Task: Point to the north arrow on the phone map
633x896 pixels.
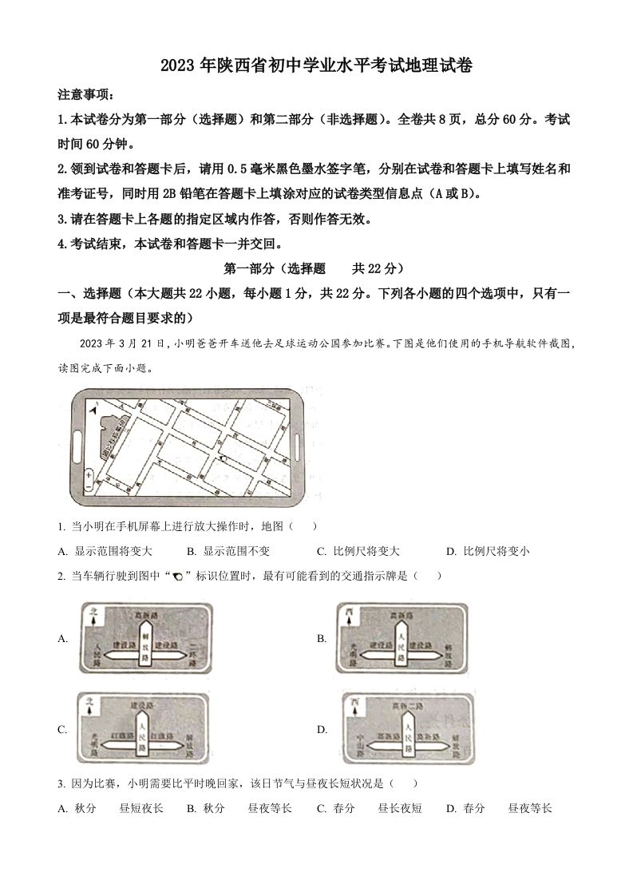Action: [x=96, y=409]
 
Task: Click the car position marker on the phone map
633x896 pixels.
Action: [x=224, y=458]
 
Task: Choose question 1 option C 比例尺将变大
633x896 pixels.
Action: [x=358, y=551]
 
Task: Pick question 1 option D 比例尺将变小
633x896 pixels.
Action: [x=489, y=551]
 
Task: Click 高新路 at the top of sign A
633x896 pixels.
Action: [x=144, y=614]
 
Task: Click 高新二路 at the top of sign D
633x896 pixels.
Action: [x=407, y=706]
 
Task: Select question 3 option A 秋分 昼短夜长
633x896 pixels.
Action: [x=111, y=808]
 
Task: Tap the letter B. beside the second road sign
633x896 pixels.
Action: [x=322, y=637]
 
